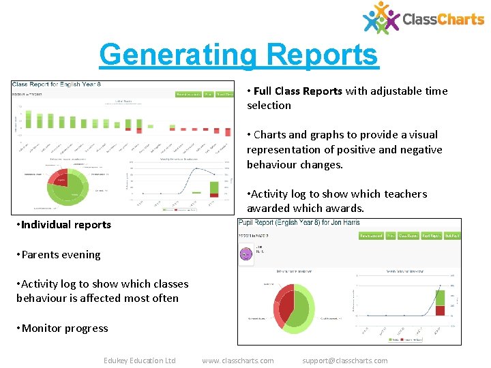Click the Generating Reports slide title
tap(238, 55)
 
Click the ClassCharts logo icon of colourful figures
tap(381, 17)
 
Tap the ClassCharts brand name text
tap(443, 19)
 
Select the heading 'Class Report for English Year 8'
tap(55, 85)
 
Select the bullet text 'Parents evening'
tap(61, 255)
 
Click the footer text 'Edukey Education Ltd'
tap(139, 361)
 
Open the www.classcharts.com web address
tap(238, 361)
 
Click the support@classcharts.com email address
tap(344, 361)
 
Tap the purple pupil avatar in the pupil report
tap(246, 254)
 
